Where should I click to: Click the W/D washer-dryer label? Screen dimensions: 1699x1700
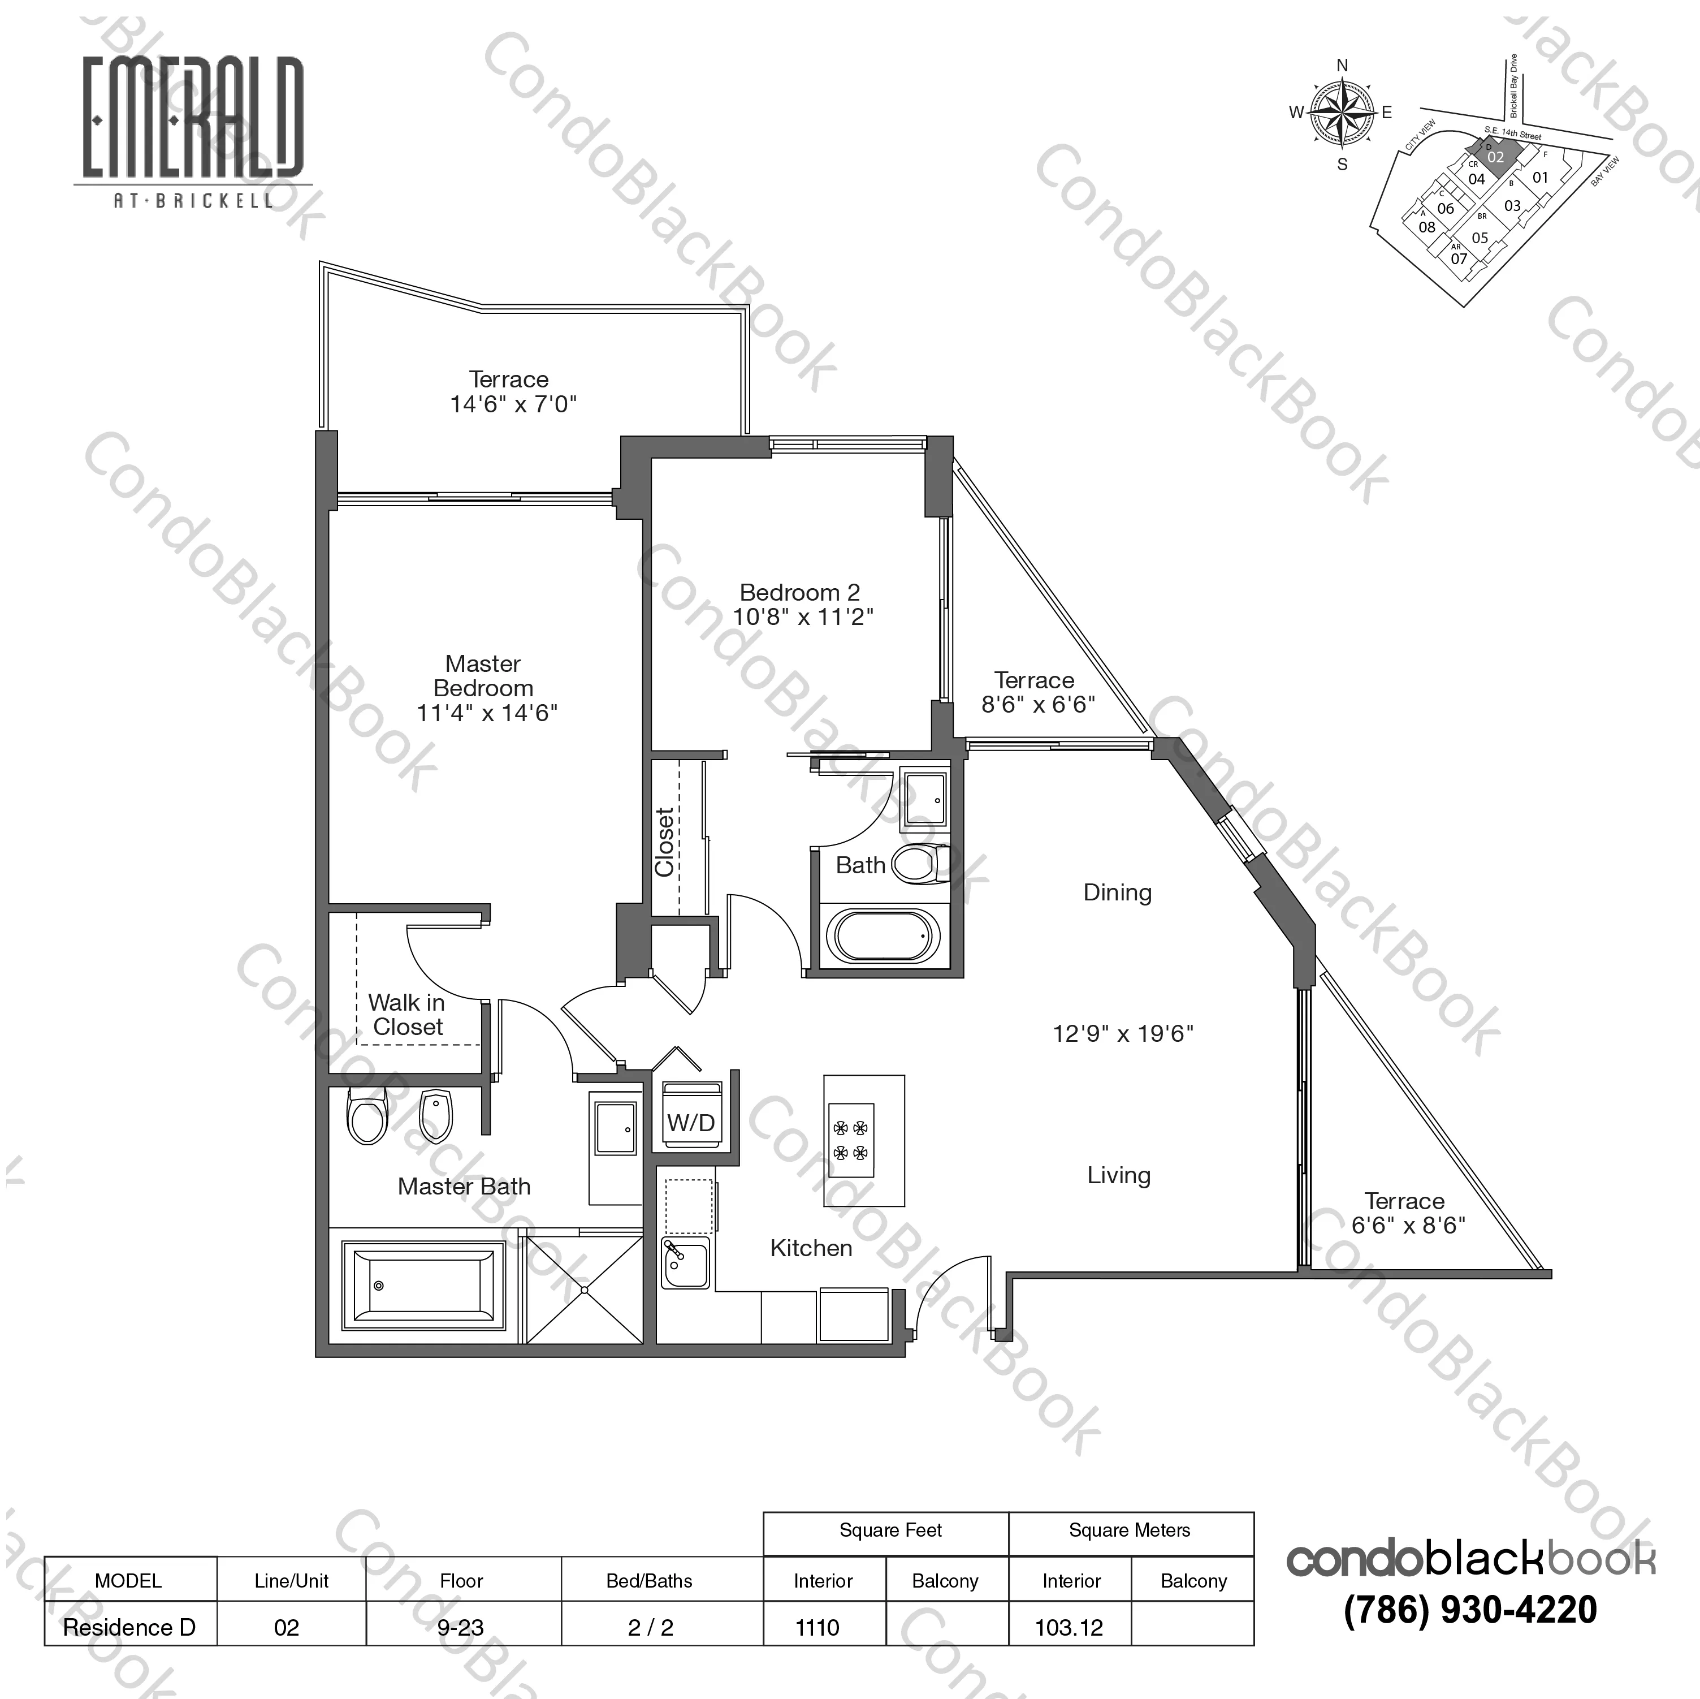(691, 1123)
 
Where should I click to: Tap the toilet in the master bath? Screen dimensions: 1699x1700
(368, 1116)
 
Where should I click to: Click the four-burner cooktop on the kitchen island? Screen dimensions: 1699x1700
(851, 1140)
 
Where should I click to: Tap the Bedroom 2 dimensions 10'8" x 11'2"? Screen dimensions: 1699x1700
(802, 617)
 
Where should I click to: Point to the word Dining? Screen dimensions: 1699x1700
(1117, 892)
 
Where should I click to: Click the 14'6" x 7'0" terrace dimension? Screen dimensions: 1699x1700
(513, 404)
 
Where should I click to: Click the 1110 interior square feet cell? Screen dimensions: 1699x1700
(817, 1628)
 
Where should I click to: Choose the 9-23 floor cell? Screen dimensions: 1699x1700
(461, 1628)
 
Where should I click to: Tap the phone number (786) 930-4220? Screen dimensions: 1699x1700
(1469, 1610)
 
